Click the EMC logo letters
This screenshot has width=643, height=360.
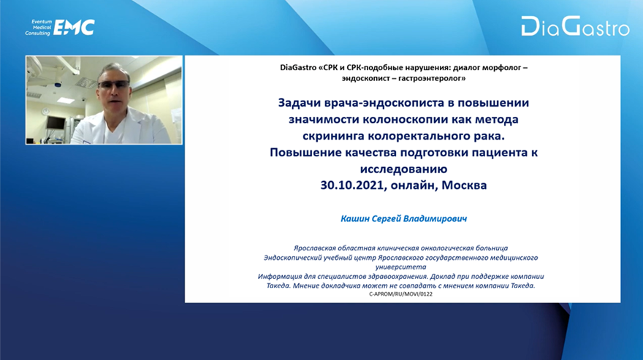click(75, 28)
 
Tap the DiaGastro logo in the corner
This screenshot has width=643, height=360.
click(575, 26)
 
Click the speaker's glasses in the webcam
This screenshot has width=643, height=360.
click(113, 85)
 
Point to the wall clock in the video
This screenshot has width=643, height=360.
click(45, 111)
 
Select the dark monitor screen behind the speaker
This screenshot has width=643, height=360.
click(56, 122)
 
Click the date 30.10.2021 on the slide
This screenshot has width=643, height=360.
click(354, 185)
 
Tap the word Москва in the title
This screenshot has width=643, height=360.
click(464, 185)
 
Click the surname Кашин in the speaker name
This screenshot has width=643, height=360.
click(354, 218)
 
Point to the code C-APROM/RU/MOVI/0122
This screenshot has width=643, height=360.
click(400, 294)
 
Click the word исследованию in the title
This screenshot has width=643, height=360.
click(403, 169)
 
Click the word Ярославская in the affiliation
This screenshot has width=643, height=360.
click(314, 248)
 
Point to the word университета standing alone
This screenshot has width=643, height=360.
click(400, 267)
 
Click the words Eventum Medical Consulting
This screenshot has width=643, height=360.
click(39, 28)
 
